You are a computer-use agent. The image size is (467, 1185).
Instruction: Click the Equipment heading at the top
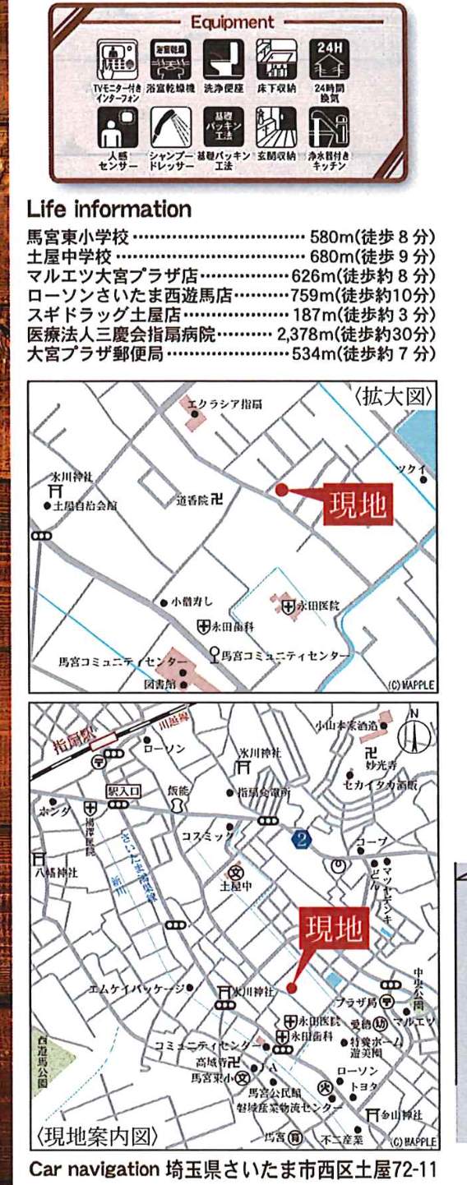tap(232, 22)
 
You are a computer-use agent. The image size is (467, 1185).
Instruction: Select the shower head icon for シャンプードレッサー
tap(170, 128)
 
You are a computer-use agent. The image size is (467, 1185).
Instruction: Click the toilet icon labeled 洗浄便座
tap(222, 56)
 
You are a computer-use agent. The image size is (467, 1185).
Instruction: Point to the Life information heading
tap(109, 208)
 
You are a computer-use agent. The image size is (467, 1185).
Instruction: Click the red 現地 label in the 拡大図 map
tap(358, 505)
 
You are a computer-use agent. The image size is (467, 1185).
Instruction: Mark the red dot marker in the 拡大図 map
tap(281, 491)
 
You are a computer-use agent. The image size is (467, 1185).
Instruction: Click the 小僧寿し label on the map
tap(192, 602)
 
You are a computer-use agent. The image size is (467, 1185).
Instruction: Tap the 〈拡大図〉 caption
tap(394, 396)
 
